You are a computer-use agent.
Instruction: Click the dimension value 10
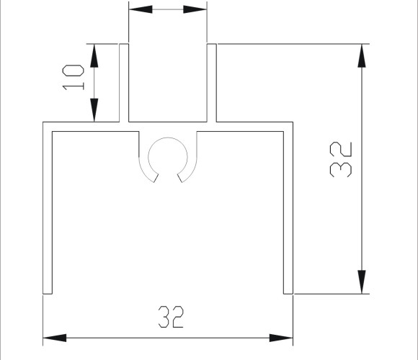click(73, 78)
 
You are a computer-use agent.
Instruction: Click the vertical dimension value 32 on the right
click(341, 160)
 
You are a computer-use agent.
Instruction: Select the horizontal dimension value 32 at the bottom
click(171, 317)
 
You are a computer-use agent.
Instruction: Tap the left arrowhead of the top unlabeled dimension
click(141, 9)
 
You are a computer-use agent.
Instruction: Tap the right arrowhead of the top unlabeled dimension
click(195, 9)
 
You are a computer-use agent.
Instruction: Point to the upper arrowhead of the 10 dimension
click(94, 55)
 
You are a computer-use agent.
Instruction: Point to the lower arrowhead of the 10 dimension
click(94, 110)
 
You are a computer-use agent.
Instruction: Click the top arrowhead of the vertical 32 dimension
click(362, 55)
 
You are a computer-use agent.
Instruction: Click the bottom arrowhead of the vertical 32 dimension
click(362, 282)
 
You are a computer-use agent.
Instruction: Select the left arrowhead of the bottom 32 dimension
click(55, 338)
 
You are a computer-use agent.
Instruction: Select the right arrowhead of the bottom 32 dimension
click(281, 338)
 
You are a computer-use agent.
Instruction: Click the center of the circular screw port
click(168, 157)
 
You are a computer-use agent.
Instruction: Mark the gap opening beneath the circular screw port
click(168, 178)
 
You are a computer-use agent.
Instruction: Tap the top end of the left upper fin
click(124, 44)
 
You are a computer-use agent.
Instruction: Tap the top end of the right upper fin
click(212, 44)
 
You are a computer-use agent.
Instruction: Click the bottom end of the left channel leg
click(48, 294)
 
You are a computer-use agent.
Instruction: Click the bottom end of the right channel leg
click(288, 294)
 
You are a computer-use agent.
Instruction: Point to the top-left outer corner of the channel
click(43, 122)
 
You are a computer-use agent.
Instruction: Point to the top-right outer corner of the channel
click(293, 122)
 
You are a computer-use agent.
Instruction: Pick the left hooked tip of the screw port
click(156, 178)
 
